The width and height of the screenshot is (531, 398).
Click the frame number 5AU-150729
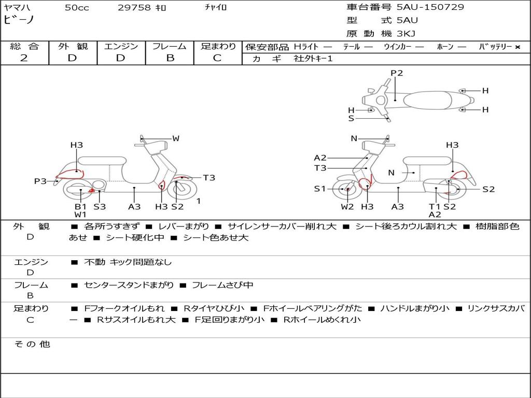pyautogui.click(x=430, y=7)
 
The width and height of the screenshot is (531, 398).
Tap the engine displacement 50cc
pyautogui.click(x=77, y=8)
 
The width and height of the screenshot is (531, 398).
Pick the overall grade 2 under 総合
pyautogui.click(x=24, y=58)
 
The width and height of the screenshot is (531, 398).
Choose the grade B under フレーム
pyautogui.click(x=170, y=58)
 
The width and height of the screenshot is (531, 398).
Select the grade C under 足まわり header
pyautogui.click(x=217, y=58)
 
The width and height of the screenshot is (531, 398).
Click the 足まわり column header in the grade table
pyautogui.click(x=218, y=46)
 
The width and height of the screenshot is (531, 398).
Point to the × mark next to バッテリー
pyautogui.click(x=518, y=47)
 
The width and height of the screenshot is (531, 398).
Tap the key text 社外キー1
pyautogui.click(x=313, y=59)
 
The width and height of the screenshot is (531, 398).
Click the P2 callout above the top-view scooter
pyautogui.click(x=397, y=73)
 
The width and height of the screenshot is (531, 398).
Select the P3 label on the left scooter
pyautogui.click(x=40, y=181)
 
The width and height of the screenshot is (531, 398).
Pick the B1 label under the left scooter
pyautogui.click(x=80, y=206)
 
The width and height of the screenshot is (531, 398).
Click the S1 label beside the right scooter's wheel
pyautogui.click(x=320, y=189)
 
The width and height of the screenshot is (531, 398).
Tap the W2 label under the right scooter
pyautogui.click(x=347, y=207)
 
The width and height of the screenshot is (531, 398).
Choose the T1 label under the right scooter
pyautogui.click(x=435, y=206)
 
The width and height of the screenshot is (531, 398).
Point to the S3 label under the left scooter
pyautogui.click(x=100, y=206)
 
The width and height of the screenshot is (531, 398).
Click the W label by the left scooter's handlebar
pyautogui.click(x=176, y=138)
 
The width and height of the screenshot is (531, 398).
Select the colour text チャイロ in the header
pyautogui.click(x=216, y=7)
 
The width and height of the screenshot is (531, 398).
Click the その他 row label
pyautogui.click(x=32, y=344)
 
